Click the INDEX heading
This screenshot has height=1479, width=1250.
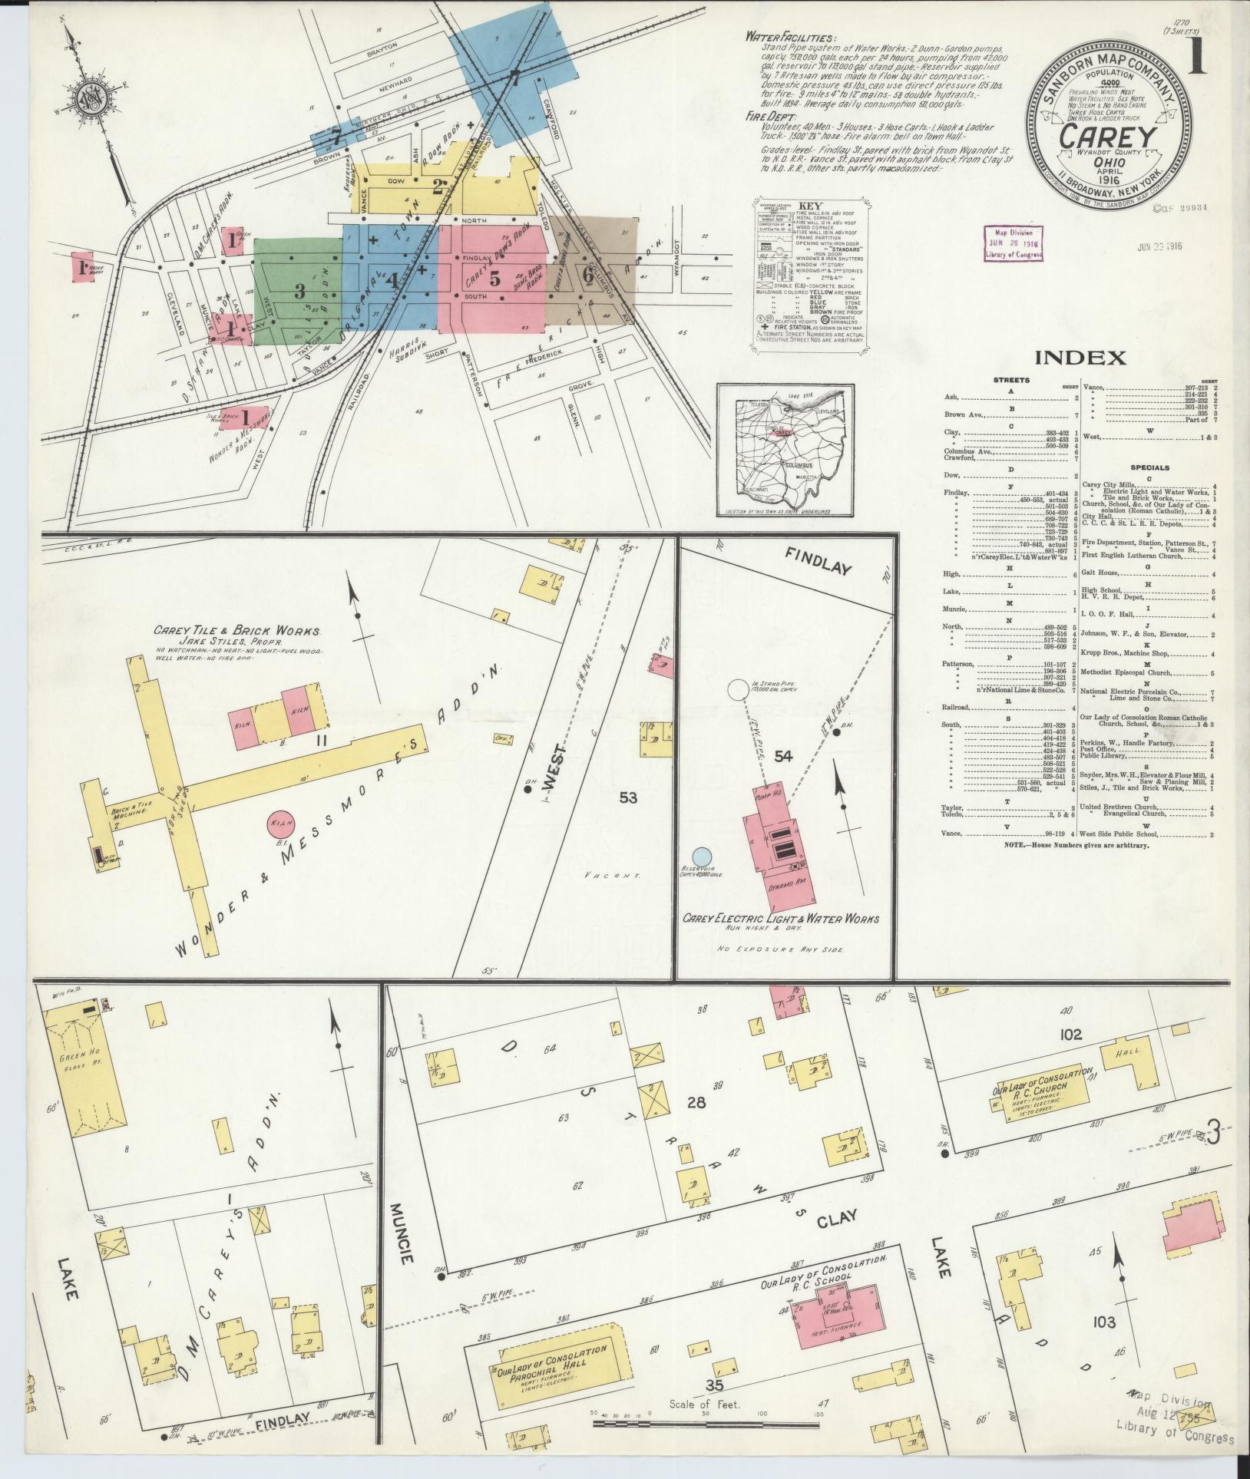point(1080,357)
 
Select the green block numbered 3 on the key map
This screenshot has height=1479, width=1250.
point(299,291)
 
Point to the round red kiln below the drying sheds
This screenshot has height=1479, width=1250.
point(278,826)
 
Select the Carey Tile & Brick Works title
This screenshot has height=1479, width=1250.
point(236,631)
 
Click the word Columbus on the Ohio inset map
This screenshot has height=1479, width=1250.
point(799,465)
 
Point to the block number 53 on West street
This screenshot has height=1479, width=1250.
point(628,797)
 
